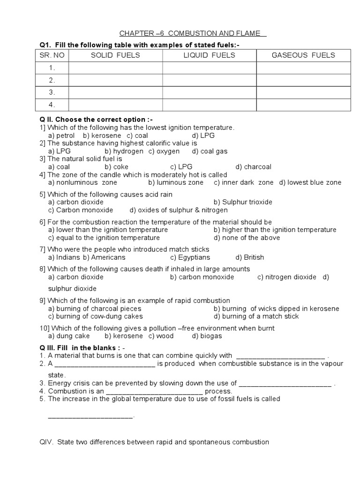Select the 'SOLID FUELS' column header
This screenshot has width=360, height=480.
pos(115,55)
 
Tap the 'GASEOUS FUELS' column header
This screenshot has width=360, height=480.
pos(303,55)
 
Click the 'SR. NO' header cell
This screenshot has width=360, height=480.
pos(52,55)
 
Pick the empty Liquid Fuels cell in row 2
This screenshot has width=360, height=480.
pos(209,80)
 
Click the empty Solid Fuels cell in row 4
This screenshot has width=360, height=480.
pos(115,105)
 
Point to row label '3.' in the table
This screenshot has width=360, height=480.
pos(52,92)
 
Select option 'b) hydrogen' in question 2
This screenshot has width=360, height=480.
pos(124,151)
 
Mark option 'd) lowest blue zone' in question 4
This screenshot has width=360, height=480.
pos(310,182)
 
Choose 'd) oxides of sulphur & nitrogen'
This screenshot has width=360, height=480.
pos(179,210)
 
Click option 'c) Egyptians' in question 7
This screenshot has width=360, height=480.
pos(190,257)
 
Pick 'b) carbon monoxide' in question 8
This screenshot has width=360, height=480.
pos(202,277)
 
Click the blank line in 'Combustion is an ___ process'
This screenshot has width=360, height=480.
pos(155,391)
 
